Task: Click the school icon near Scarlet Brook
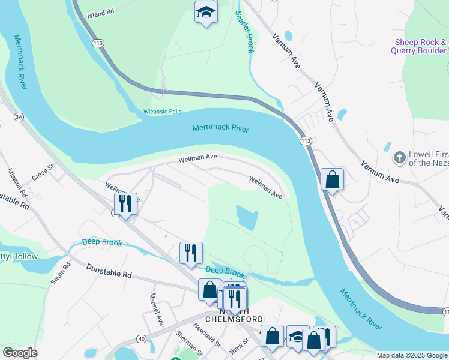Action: pyautogui.click(x=206, y=13)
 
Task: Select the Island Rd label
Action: pyautogui.click(x=100, y=13)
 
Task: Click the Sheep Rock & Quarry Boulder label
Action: pyautogui.click(x=420, y=46)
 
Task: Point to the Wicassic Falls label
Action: pyautogui.click(x=162, y=112)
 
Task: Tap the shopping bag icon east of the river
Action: pyautogui.click(x=332, y=179)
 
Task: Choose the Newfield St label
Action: pyautogui.click(x=207, y=336)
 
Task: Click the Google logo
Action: pyautogui.click(x=20, y=353)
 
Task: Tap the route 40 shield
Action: pyautogui.click(x=140, y=339)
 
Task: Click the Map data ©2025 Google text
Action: pyautogui.click(x=412, y=355)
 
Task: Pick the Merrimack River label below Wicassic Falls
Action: pyautogui.click(x=220, y=128)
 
